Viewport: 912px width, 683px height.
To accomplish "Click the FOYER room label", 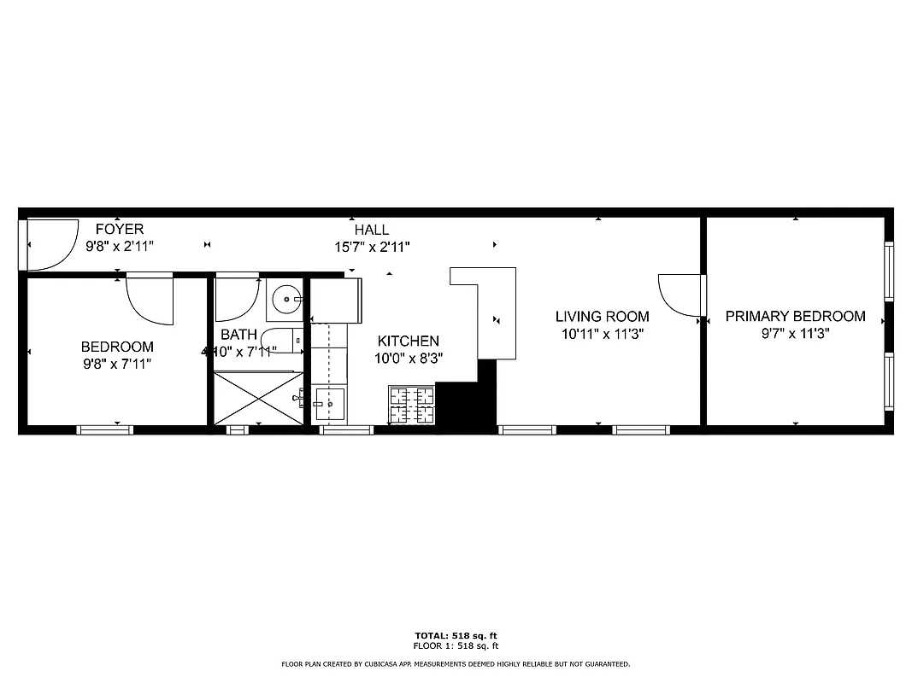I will click(x=119, y=229).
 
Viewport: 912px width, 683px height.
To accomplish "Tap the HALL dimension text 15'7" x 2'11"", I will click(x=372, y=247).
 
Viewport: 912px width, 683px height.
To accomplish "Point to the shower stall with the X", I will click(x=257, y=398).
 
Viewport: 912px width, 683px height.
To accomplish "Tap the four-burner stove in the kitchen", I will click(x=412, y=406).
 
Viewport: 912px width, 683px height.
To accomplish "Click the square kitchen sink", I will click(x=329, y=404).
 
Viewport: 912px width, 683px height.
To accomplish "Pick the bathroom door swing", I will click(x=235, y=296).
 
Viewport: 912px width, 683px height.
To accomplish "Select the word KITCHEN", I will click(x=409, y=341).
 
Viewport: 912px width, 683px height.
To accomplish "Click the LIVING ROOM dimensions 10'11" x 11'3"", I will click(x=603, y=335).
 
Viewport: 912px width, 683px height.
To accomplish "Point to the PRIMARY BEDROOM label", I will click(x=795, y=316).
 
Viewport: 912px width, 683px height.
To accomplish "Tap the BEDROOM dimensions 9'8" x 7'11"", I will click(x=117, y=364).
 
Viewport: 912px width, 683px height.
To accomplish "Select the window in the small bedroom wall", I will click(x=105, y=429).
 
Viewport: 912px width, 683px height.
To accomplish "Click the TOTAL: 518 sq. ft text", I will click(x=456, y=635).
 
